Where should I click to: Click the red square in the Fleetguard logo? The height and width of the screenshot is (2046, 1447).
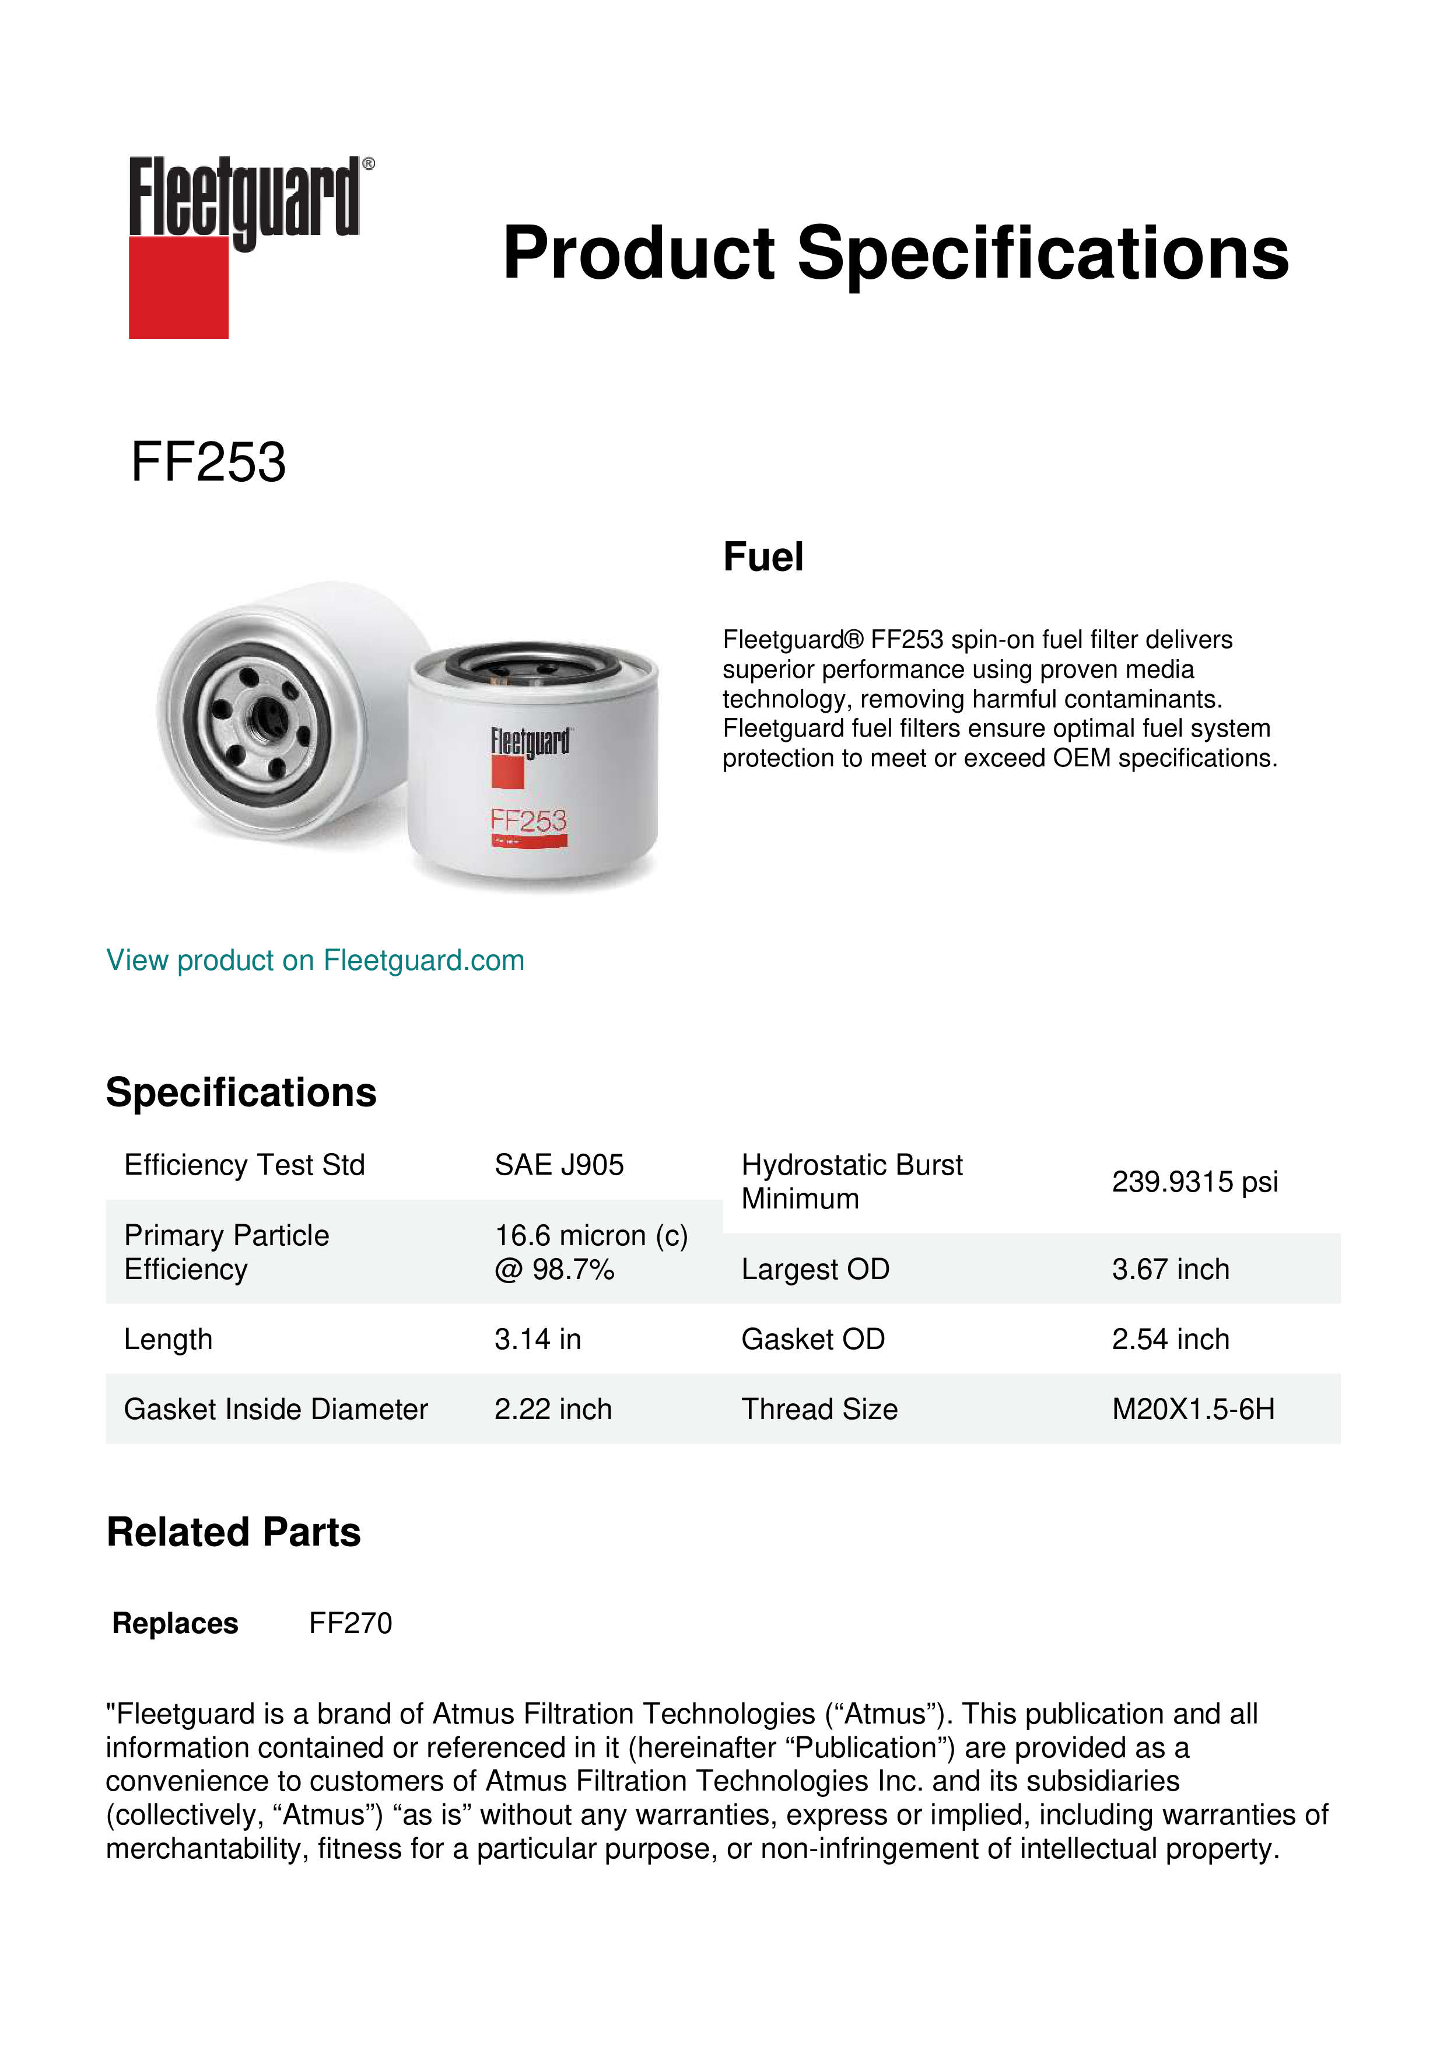178,288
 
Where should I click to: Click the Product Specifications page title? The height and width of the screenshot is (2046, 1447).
895,253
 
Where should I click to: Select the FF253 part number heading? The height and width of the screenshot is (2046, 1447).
208,463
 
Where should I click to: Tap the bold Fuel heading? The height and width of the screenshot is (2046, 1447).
763,557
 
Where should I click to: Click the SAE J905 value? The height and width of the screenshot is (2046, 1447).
559,1165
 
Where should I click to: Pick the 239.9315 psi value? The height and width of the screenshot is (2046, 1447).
1194,1182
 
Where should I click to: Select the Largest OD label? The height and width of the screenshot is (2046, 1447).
815,1269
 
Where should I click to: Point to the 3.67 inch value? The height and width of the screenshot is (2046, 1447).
1170,1269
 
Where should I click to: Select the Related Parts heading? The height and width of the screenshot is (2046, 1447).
233,1533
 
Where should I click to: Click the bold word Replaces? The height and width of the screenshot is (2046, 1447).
176,1624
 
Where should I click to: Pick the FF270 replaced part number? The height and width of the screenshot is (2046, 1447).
350,1624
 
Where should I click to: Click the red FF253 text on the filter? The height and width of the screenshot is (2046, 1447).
528,820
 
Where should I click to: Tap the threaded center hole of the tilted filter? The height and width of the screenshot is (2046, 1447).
264,714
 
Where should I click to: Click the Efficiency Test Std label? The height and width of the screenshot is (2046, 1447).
244,1165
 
